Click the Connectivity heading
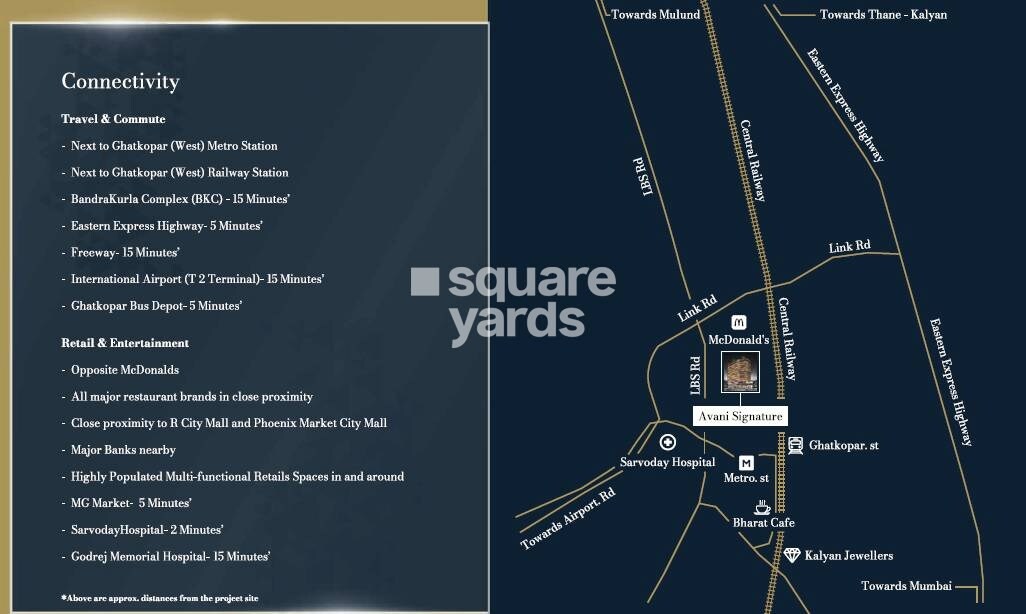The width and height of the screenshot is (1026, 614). (x=120, y=81)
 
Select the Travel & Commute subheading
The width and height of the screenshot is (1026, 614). (x=113, y=119)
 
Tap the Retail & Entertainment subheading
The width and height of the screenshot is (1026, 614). (x=125, y=343)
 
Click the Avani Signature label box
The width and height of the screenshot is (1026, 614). (x=741, y=416)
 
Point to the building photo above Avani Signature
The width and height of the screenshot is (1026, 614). (x=740, y=372)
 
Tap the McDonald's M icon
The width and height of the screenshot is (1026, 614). (x=739, y=322)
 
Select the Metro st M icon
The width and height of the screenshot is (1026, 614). (x=746, y=462)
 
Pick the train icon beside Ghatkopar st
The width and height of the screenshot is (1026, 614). (x=795, y=446)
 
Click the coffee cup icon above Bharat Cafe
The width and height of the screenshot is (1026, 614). (x=762, y=507)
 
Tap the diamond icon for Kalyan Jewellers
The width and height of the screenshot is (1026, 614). (x=792, y=555)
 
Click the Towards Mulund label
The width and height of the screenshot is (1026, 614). (x=656, y=14)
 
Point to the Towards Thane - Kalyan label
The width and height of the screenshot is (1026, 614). (x=883, y=14)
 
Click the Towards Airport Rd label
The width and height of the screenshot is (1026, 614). (x=568, y=519)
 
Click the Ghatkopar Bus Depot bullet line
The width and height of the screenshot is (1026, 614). (x=156, y=306)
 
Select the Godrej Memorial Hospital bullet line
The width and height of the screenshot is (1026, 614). (x=170, y=556)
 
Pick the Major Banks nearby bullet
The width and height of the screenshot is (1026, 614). (x=123, y=450)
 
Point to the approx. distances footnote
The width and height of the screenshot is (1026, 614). (x=160, y=598)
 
